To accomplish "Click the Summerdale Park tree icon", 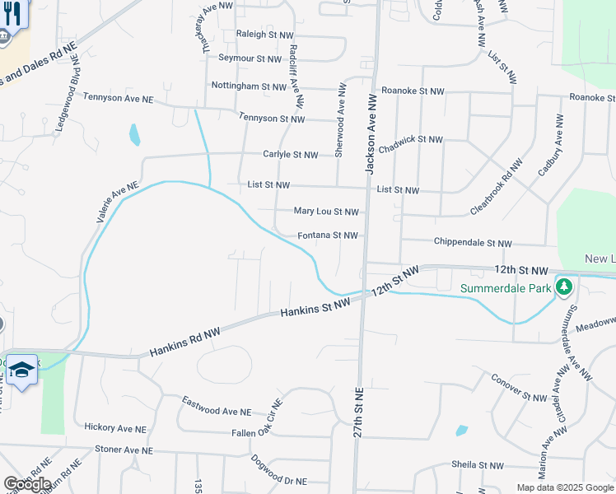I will point(564,288).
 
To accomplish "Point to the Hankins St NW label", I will point(315,308).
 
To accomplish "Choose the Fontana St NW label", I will point(328,235).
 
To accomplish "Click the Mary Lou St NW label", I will point(326,212).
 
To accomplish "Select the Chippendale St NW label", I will point(473,244).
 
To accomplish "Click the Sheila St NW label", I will point(477,465).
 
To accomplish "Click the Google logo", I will point(27,484).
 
